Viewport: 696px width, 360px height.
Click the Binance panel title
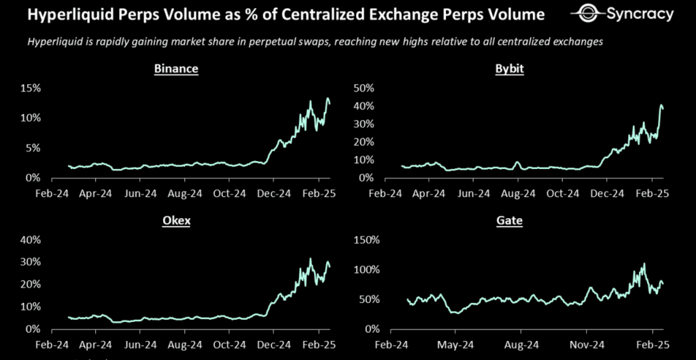176,69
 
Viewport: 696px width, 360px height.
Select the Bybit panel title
511,69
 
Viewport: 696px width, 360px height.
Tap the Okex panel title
176,221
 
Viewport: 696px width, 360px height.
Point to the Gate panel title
511,221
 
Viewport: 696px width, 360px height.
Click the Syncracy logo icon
587,14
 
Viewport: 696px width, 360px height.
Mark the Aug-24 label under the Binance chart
186,194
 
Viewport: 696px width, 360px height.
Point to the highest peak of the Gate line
644,264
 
